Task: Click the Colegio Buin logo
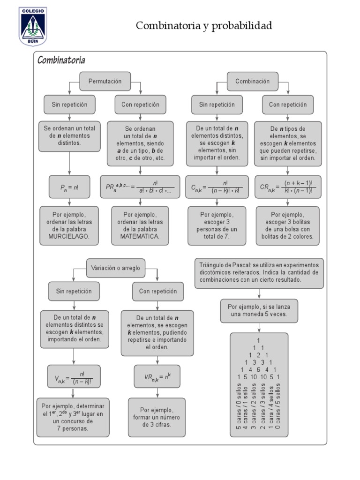point(33,26)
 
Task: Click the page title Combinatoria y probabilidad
point(203,26)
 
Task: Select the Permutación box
point(105,81)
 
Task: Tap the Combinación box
point(253,81)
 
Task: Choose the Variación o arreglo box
point(116,268)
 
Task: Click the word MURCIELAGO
point(69,237)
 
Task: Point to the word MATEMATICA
point(140,237)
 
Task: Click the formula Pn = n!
point(69,187)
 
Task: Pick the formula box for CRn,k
point(288,187)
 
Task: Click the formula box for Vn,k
point(74,377)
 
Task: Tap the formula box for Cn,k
point(217,187)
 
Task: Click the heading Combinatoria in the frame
point(61,60)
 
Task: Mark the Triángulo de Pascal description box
point(259,272)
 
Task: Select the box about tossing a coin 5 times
point(259,310)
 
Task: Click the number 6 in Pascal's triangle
point(258,369)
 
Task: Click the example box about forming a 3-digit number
point(157,417)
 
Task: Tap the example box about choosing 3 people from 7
point(217,226)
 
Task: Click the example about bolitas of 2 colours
point(287,226)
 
